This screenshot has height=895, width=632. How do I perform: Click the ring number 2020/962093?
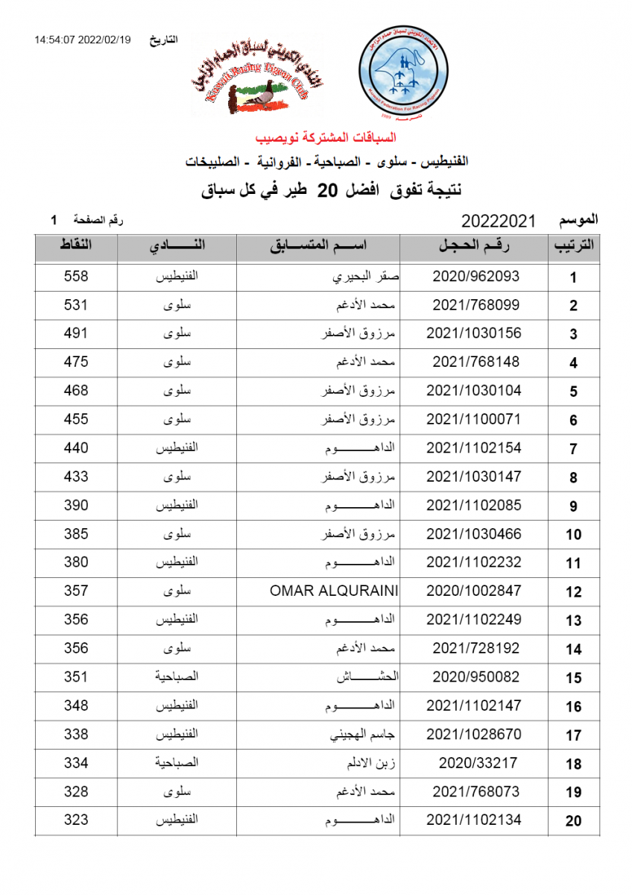tap(475, 276)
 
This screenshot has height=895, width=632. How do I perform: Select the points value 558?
tap(76, 276)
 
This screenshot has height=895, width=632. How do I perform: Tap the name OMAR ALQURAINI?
tap(334, 591)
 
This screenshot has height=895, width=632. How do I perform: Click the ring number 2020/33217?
tap(475, 763)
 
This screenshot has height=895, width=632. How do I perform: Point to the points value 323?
tap(76, 820)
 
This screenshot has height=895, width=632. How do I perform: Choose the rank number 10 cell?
tap(573, 535)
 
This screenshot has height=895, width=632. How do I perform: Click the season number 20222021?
tap(499, 222)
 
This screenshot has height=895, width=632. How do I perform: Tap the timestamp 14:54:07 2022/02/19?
tap(82, 40)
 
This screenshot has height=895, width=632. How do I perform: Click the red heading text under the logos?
tap(326, 138)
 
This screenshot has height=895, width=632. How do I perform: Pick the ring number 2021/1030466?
tap(474, 534)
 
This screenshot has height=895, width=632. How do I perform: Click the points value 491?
tap(76, 333)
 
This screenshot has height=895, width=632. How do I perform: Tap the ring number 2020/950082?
tap(475, 677)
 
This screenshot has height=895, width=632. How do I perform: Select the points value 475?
tap(76, 362)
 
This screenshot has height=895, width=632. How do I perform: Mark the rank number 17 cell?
tap(573, 735)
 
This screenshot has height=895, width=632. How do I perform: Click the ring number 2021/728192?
tap(475, 649)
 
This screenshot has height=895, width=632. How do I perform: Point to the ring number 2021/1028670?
tap(474, 735)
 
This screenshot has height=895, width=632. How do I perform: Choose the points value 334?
tap(76, 763)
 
